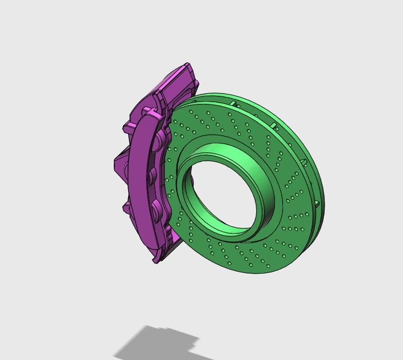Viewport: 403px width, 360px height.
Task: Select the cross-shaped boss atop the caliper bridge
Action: click(x=148, y=111)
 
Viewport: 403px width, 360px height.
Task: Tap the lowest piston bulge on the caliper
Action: click(x=156, y=207)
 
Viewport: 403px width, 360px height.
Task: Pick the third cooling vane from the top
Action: click(x=303, y=162)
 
